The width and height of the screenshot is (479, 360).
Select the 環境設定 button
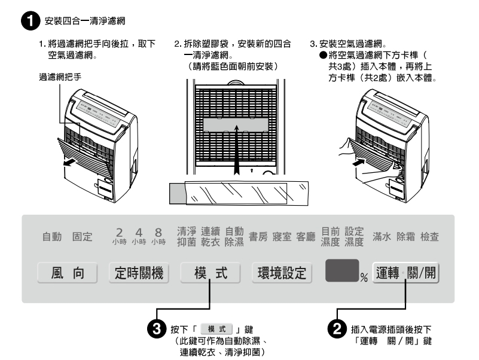281,273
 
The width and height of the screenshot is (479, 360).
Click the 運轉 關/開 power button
406,273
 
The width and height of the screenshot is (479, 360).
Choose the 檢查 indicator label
429,236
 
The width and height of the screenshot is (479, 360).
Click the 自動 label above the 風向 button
52,237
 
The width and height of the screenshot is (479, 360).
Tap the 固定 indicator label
83,237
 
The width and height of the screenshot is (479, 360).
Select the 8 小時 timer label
158,236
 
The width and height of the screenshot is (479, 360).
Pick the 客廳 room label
306,236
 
